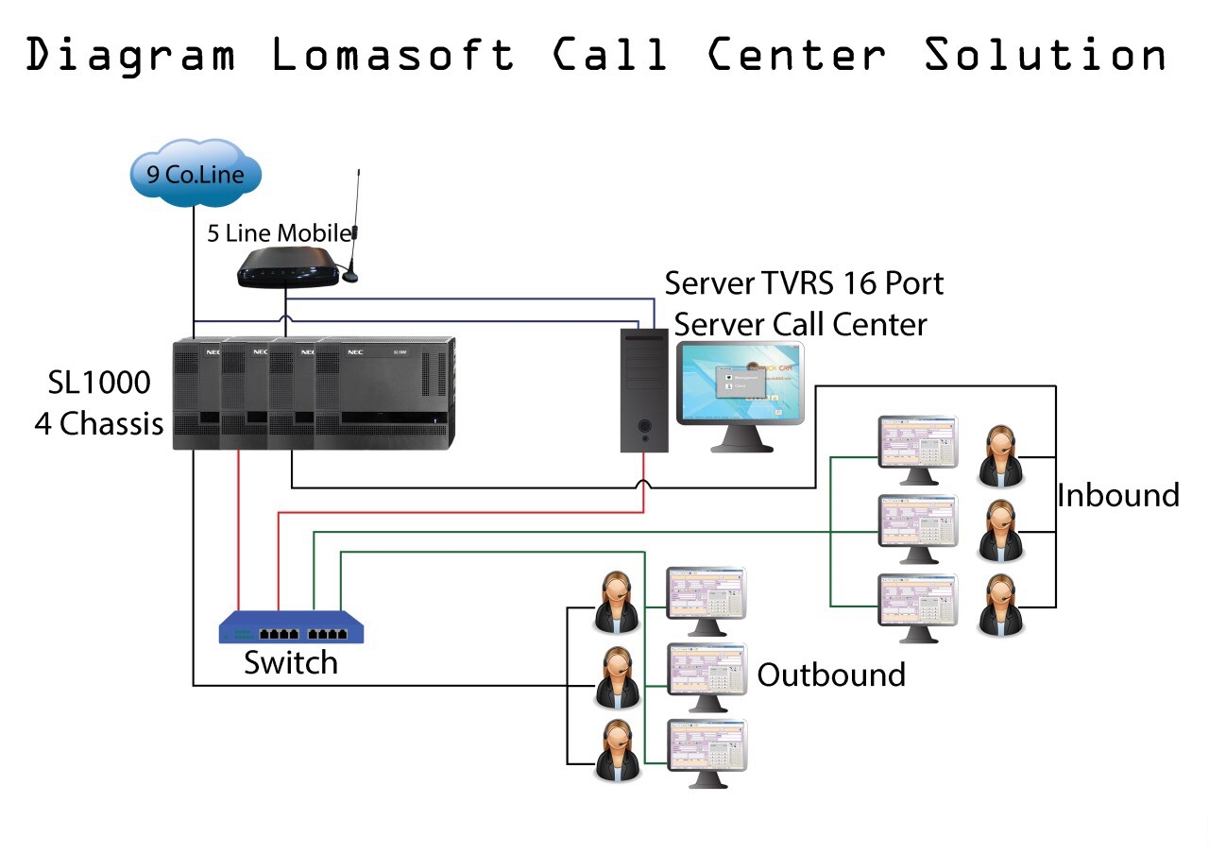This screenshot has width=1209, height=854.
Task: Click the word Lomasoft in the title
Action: [x=393, y=55]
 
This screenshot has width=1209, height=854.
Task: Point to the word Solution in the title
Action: [x=1045, y=55]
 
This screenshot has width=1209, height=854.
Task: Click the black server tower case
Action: [x=644, y=389]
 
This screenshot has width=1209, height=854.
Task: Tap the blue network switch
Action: [x=291, y=627]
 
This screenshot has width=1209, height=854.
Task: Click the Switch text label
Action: [x=290, y=663]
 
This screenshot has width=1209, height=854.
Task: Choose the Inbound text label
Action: [x=1117, y=495]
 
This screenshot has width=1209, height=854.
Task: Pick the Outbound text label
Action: [x=831, y=675]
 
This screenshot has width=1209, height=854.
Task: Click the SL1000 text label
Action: [x=99, y=383]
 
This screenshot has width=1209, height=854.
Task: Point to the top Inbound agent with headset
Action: [x=1000, y=455]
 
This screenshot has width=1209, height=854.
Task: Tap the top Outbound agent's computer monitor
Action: [x=706, y=595]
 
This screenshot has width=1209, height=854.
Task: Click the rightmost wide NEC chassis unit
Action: [x=385, y=393]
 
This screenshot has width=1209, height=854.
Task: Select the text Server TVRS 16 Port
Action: [x=804, y=282]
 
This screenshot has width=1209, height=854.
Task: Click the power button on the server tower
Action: [x=644, y=426]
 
